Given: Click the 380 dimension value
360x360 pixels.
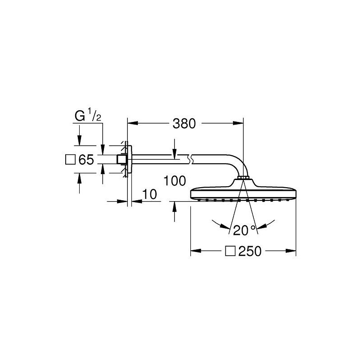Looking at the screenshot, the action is tap(184, 123).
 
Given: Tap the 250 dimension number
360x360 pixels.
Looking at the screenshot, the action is tap(250, 251).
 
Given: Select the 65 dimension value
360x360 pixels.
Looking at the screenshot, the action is tap(86, 160).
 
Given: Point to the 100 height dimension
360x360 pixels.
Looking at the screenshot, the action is tap(175, 181).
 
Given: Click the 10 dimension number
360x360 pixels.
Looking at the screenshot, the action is tap(149, 194).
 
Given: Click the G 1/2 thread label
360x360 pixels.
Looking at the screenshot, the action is tap(88, 116).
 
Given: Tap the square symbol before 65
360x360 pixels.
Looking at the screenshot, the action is tap(70, 160).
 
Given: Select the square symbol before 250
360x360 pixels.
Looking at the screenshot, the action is tap(230, 251).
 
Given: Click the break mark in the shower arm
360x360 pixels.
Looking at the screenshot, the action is tap(190, 159).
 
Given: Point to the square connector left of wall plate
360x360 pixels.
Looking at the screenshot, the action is tap(121, 159).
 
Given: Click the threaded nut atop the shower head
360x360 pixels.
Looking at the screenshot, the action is tap(243, 177).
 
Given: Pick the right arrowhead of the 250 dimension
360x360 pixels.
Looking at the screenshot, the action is tap(291, 251).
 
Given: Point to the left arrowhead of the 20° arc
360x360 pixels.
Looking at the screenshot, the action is tap(225, 226).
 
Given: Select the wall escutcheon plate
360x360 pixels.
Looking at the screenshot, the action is tap(130, 159).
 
